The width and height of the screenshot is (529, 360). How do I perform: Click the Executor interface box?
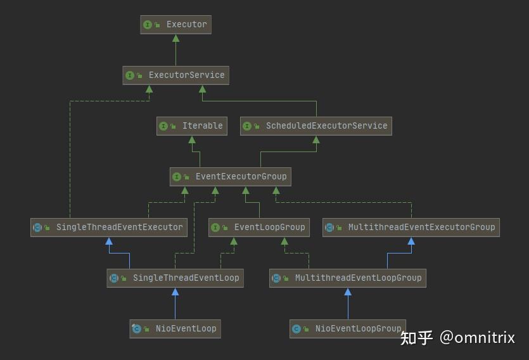(175, 25)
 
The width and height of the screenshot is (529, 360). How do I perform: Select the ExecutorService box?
(175, 75)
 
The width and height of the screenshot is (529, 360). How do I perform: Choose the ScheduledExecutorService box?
(316, 126)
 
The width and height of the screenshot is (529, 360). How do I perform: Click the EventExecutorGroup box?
(231, 177)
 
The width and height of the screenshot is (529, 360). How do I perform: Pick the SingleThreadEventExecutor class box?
(109, 228)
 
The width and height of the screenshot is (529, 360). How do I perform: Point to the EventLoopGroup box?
(259, 228)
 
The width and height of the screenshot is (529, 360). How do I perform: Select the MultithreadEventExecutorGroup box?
(411, 228)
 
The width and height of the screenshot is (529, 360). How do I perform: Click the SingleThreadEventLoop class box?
(175, 278)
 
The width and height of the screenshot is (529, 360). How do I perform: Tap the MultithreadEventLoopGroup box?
(347, 278)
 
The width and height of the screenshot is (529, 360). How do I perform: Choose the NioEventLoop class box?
(175, 329)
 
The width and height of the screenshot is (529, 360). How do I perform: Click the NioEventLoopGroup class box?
(348, 329)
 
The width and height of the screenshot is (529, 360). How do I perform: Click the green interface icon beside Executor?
(148, 25)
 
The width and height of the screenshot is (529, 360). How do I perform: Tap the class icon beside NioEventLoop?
(136, 329)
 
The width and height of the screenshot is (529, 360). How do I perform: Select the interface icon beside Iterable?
(163, 126)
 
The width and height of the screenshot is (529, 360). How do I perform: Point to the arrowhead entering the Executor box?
(175, 38)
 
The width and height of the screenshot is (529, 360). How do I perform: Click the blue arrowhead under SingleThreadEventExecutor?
(109, 241)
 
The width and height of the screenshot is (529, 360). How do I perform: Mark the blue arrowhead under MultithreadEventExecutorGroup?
(411, 241)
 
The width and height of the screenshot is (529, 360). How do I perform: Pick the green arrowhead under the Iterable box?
(192, 139)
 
